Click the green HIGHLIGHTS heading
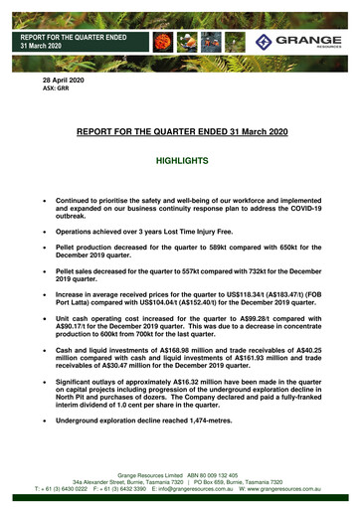click(182, 159)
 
